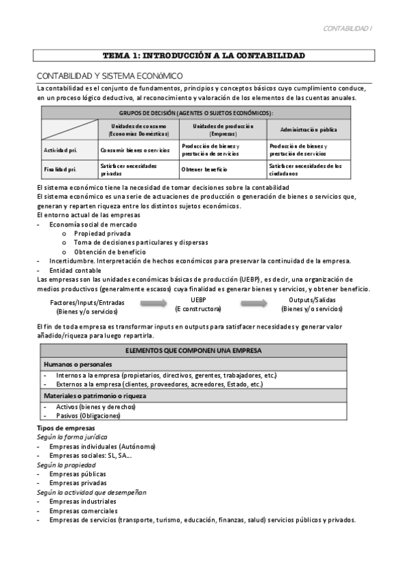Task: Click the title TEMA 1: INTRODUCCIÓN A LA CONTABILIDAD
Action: (204, 55)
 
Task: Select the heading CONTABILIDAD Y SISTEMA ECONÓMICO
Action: (110, 76)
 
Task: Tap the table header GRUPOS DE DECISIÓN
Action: (196, 113)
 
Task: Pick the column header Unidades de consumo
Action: (138, 129)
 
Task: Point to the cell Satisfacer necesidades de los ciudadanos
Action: (305, 169)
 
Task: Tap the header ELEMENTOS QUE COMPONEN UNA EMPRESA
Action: (204, 350)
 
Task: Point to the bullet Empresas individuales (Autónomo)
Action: (102, 446)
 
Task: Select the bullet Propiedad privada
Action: (103, 233)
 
